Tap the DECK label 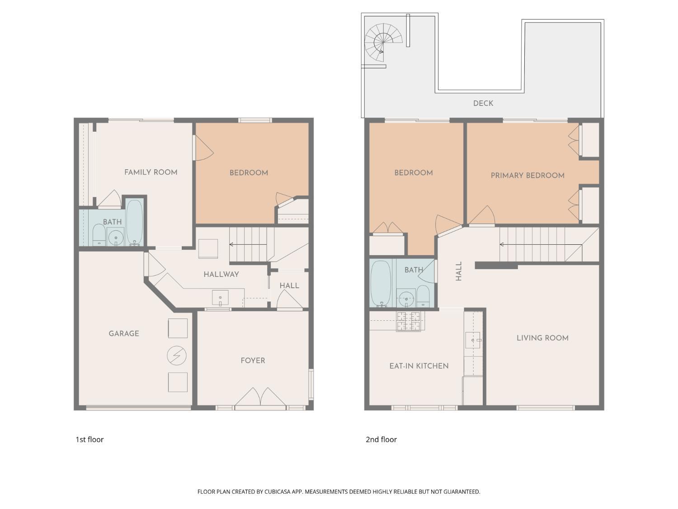point(483,103)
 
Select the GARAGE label point(123,333)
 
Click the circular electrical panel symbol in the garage point(176,356)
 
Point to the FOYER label point(253,360)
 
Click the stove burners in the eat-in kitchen point(408,321)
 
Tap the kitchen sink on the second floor point(473,340)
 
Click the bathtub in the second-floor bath point(381,283)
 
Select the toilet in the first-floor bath point(99,234)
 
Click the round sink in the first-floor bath point(116,237)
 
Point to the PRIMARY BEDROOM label point(527,176)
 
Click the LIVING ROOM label point(542,338)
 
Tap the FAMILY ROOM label point(151,172)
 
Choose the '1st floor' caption point(89,439)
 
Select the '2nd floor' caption point(381,439)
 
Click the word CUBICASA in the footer point(278,492)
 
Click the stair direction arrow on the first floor point(248,244)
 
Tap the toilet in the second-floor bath point(423,296)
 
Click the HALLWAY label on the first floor point(221,274)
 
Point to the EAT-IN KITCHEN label point(419,366)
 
